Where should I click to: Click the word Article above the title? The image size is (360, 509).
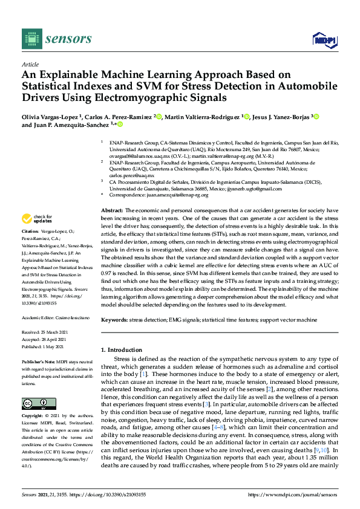[x=30, y=63]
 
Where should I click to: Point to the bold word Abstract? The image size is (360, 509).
[x=112, y=209]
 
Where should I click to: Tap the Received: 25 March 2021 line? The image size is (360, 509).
[x=48, y=332]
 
